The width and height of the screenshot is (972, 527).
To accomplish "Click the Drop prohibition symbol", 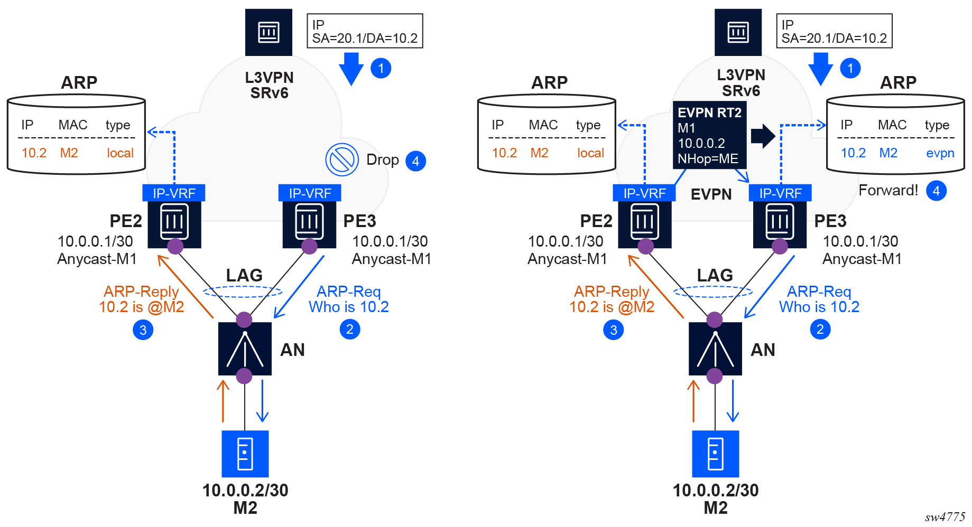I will pyautogui.click(x=342, y=159).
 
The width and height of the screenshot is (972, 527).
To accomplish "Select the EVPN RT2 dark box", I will pyautogui.click(x=709, y=136).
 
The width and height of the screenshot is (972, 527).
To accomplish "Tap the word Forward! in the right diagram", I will pyautogui.click(x=888, y=190).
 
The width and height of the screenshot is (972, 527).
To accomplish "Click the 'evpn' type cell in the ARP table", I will pyautogui.click(x=940, y=153).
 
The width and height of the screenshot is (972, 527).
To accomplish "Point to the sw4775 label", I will pyautogui.click(x=945, y=517).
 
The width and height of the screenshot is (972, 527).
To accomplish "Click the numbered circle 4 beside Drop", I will pyautogui.click(x=415, y=161).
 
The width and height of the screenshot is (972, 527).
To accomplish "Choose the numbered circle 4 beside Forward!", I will pyautogui.click(x=936, y=191).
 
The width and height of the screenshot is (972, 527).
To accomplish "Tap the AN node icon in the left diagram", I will pyautogui.click(x=245, y=349).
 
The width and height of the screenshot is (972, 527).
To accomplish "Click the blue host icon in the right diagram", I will pyautogui.click(x=715, y=454).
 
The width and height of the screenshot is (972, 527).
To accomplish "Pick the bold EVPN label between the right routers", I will pyautogui.click(x=711, y=194).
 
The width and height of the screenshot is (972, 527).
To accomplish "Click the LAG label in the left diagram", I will pyautogui.click(x=244, y=275).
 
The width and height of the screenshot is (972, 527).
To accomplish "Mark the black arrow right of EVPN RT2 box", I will pyautogui.click(x=763, y=136).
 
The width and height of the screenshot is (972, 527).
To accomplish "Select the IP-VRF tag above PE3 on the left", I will pyautogui.click(x=310, y=193).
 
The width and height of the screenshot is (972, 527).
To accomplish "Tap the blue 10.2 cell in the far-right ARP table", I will pyautogui.click(x=853, y=153).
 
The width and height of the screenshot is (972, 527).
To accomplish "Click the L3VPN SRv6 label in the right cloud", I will pyautogui.click(x=740, y=83).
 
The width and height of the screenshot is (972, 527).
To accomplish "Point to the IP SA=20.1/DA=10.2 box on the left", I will pyautogui.click(x=365, y=31).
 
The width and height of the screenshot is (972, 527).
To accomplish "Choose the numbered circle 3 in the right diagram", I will pyautogui.click(x=613, y=330).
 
